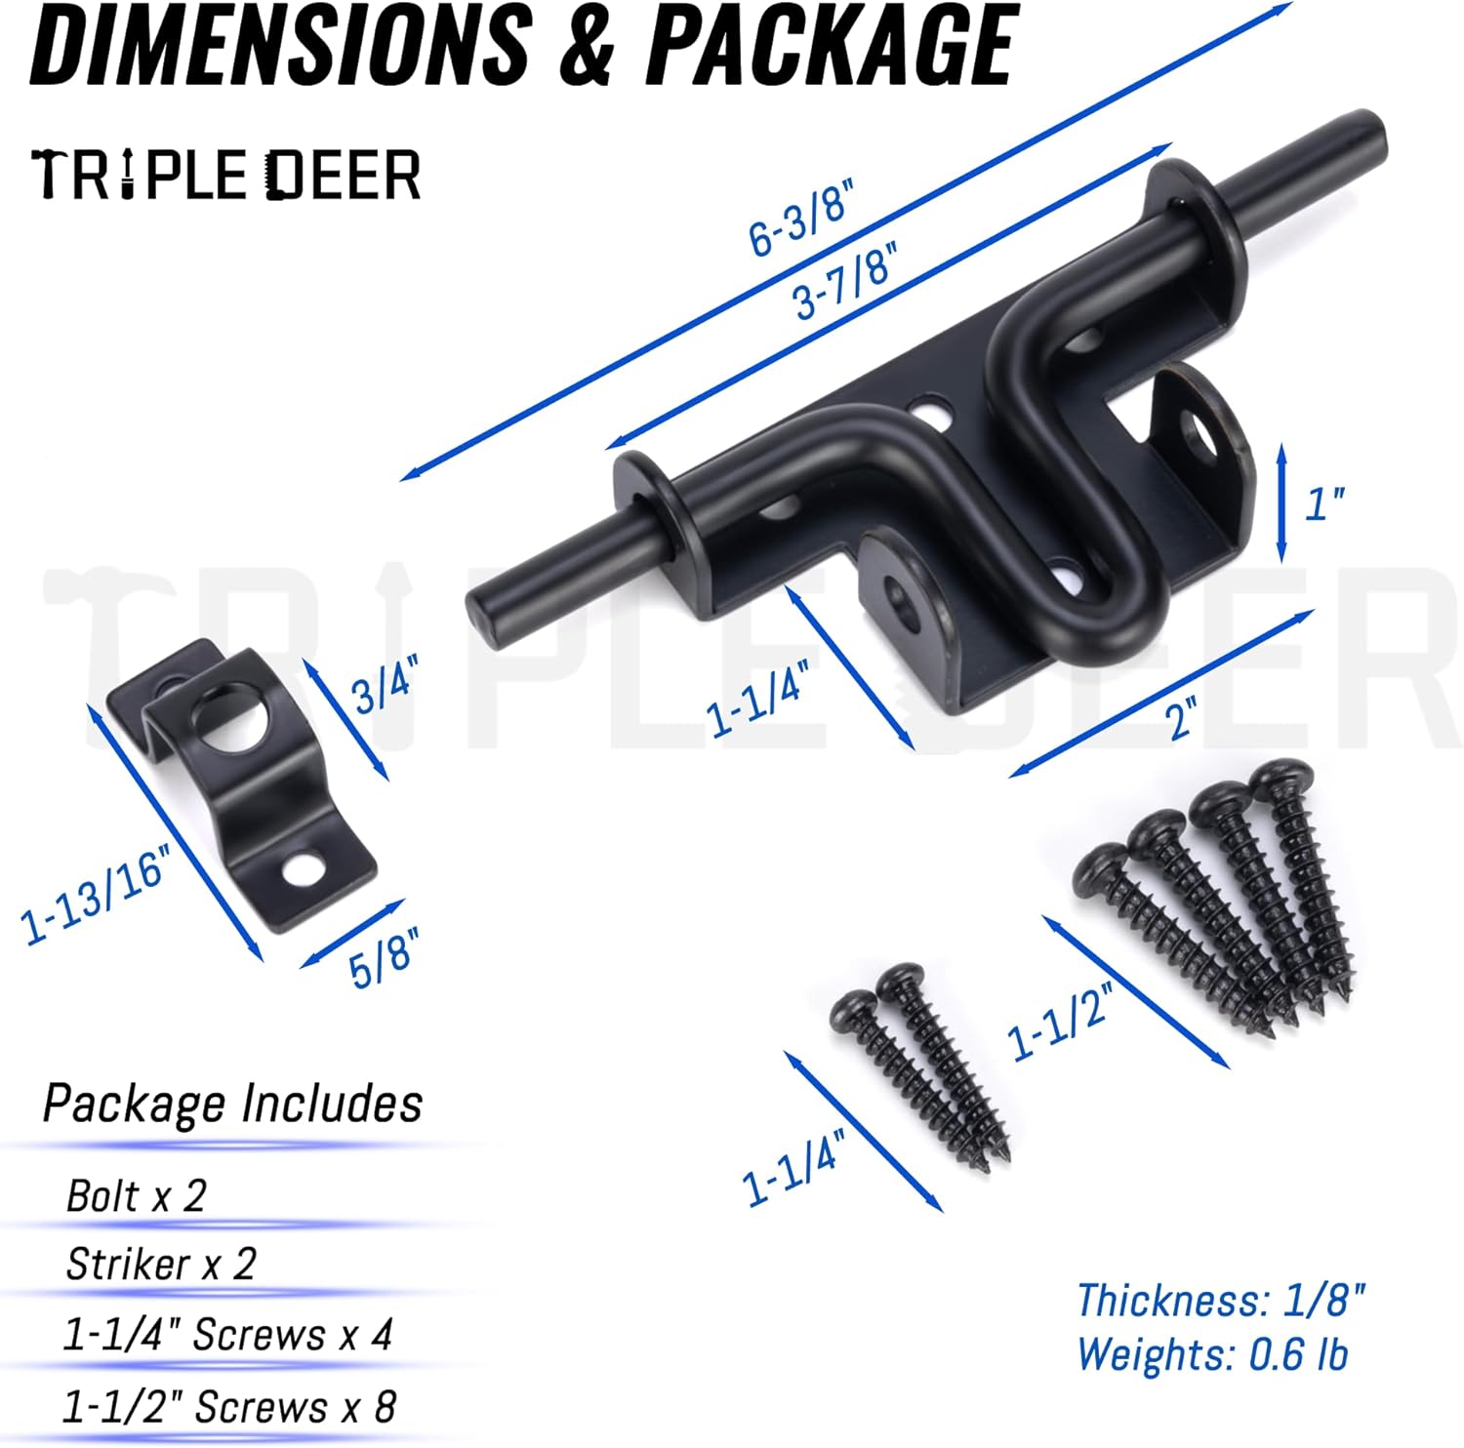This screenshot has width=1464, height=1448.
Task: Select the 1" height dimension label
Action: coord(1324,503)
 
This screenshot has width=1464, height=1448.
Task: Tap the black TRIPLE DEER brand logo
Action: coord(225,176)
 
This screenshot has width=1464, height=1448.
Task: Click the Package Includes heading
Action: coord(232,1104)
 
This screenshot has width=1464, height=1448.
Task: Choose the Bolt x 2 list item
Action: coord(136,1195)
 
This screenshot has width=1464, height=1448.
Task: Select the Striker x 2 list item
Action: coord(160,1265)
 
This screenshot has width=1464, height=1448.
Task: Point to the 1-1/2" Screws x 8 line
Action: coord(229,1407)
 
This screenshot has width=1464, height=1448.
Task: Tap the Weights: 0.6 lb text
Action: coord(1212,1354)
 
